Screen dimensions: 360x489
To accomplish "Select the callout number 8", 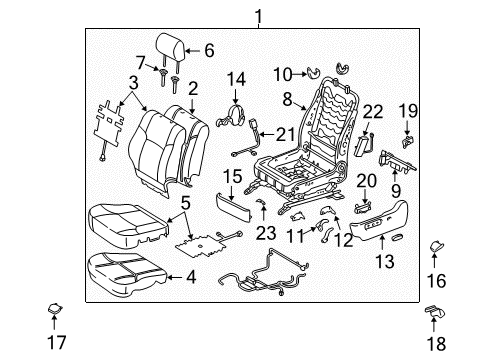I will (x=286, y=99).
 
